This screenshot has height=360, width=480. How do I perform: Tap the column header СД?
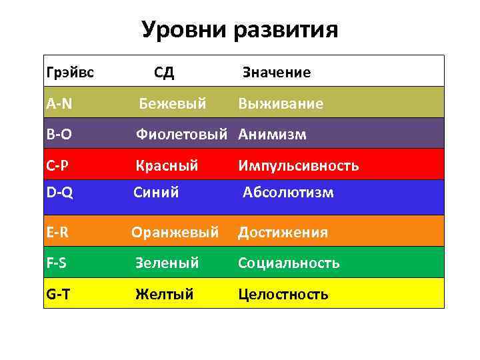tap(164, 72)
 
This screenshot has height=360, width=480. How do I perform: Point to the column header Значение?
tap(276, 72)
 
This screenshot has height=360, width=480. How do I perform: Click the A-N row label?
tap(59, 103)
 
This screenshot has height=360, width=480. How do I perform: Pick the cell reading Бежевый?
tap(173, 103)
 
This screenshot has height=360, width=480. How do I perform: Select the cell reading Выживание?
tap(281, 103)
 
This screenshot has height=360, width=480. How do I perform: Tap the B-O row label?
tap(59, 135)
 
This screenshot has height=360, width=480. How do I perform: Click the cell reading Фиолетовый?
tap(184, 135)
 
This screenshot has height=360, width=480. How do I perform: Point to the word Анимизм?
tap(273, 135)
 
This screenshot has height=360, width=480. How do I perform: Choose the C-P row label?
tap(59, 165)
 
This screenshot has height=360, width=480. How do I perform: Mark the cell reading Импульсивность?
tap(299, 165)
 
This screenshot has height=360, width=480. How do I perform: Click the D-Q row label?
tap(60, 193)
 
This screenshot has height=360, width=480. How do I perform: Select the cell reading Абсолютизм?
tap(288, 193)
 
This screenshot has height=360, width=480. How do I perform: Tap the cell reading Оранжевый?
tap(175, 232)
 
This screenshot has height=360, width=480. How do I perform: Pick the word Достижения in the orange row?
tap(283, 232)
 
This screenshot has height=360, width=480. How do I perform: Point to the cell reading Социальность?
tap(289, 263)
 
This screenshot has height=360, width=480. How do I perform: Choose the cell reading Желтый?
tap(164, 293)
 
